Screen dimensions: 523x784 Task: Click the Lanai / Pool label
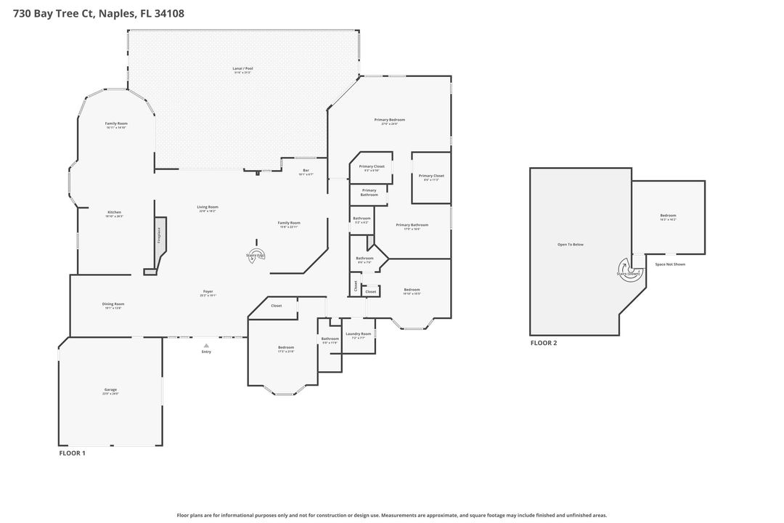point(242,68)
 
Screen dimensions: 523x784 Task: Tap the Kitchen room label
point(114,212)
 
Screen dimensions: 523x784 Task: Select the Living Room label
point(208,207)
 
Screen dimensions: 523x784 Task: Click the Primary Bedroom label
point(389,120)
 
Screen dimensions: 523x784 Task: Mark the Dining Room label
point(113,304)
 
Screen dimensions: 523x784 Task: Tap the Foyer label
point(208,293)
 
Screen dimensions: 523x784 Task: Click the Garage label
point(110,390)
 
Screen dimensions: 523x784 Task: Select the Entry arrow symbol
point(206,346)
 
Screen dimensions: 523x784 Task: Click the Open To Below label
point(570,245)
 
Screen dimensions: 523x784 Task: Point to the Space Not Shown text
point(669,264)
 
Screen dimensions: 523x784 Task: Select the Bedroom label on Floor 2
point(668,216)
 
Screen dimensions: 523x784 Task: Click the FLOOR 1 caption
point(72,453)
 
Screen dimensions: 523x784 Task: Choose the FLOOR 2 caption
point(544,343)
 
